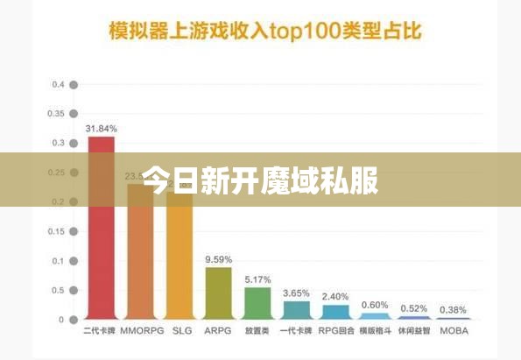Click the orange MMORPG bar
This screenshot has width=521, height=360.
point(140,263)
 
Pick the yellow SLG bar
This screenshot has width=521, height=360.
point(180,263)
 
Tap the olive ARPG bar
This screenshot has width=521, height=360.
point(218,293)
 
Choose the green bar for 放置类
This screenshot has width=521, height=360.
point(257,302)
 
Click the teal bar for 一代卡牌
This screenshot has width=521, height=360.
point(296,309)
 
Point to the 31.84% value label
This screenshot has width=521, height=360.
point(101,129)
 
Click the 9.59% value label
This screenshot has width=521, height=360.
point(218,259)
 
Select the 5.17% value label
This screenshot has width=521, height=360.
point(257,279)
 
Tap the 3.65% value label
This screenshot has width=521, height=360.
point(296,293)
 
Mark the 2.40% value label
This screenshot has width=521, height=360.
point(335,296)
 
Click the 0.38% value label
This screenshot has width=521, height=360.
point(453,309)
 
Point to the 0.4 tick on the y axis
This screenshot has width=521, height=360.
point(59,85)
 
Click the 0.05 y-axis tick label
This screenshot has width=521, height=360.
point(57,290)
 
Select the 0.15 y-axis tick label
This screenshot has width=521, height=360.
point(57,231)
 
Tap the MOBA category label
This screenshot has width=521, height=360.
point(453,332)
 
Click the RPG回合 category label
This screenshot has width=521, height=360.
point(335,332)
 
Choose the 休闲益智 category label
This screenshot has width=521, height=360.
point(413,332)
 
